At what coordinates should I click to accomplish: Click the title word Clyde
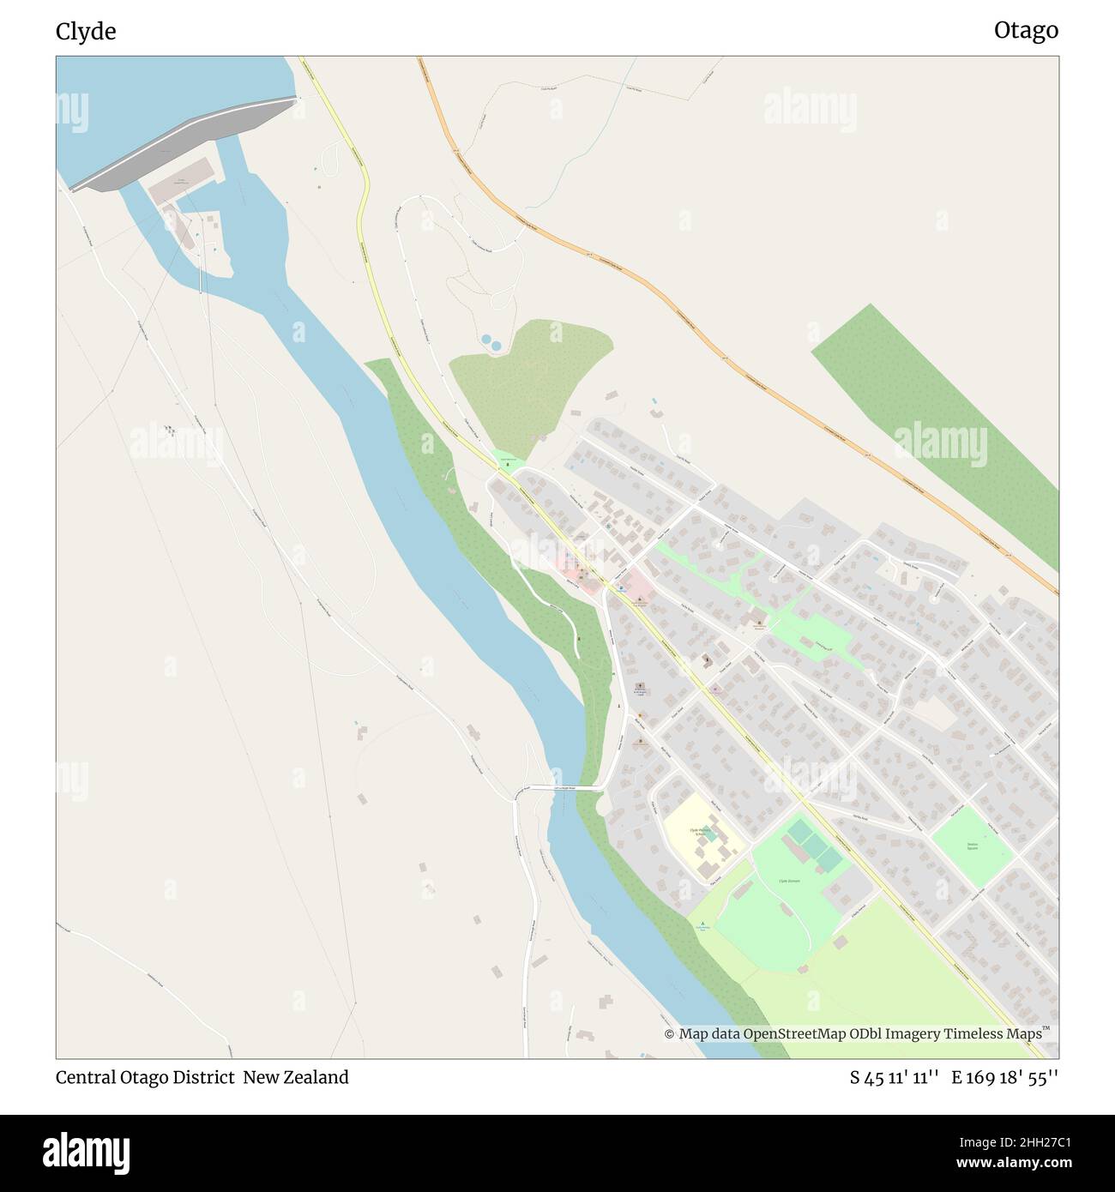point(86,32)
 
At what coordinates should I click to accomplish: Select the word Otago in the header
point(1026,31)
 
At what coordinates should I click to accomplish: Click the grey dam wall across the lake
point(184,143)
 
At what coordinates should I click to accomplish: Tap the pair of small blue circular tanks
point(491,342)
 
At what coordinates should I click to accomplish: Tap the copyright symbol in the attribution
point(669,1034)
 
